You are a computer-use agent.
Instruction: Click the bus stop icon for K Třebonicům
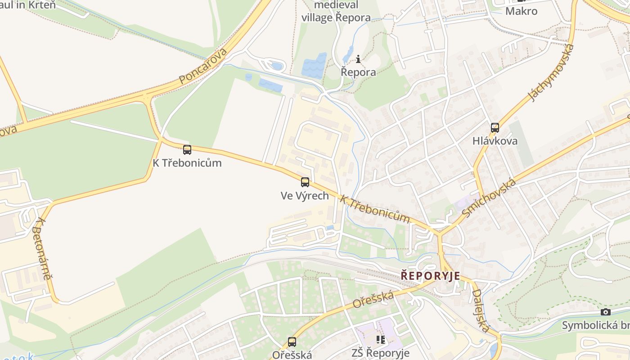click(x=187, y=150)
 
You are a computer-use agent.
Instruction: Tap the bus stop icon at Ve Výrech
click(x=305, y=182)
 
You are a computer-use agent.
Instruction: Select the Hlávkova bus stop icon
click(x=495, y=128)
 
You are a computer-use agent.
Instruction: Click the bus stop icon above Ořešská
click(x=292, y=342)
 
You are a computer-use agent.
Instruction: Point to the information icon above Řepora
click(x=358, y=59)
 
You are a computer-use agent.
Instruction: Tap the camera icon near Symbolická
click(x=606, y=312)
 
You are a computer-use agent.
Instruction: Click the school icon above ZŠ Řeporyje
click(x=381, y=340)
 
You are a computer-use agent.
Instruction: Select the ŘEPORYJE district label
click(x=431, y=276)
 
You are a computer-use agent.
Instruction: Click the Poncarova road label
click(x=203, y=66)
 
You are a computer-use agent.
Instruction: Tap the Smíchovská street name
click(x=489, y=198)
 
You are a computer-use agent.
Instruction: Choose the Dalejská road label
click(x=481, y=310)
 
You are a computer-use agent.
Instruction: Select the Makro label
click(x=521, y=11)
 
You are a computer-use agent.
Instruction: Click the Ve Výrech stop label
click(x=305, y=196)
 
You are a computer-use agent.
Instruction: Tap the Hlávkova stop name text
click(x=495, y=141)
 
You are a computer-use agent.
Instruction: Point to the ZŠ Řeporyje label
click(x=380, y=353)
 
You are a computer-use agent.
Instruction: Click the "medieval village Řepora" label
click(x=336, y=11)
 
